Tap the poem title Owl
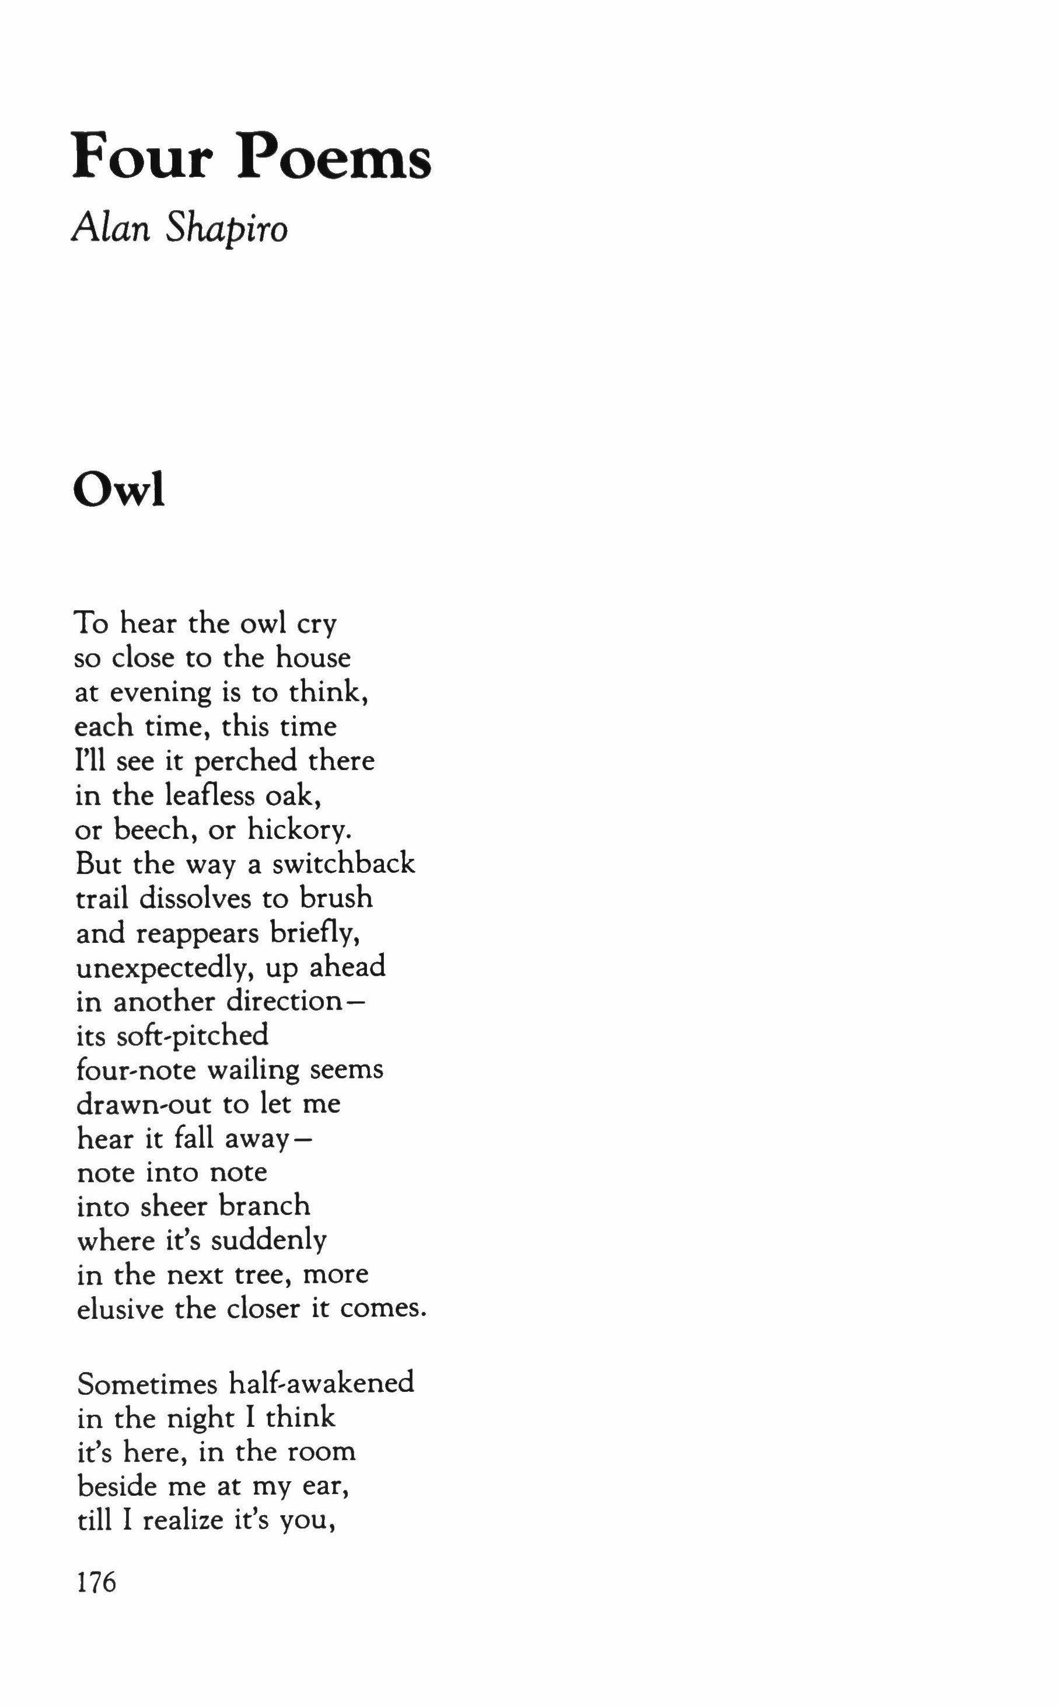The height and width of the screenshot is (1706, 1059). click(118, 491)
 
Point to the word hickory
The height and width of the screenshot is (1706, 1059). click(298, 831)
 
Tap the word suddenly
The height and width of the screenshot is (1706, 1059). click(268, 1241)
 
